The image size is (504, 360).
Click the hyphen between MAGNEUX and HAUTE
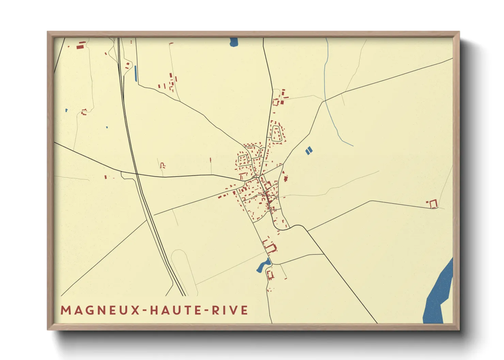pyautogui.click(x=145, y=311)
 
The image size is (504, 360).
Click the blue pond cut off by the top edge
pyautogui.click(x=234, y=42)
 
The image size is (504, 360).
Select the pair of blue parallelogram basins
pyautogui.click(x=309, y=150)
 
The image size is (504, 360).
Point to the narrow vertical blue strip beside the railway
pyautogui.click(x=136, y=73)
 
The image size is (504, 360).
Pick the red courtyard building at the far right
pyautogui.click(x=433, y=204)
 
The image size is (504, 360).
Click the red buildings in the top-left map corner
pyautogui.click(x=80, y=45)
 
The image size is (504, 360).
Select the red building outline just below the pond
pyautogui.click(x=270, y=274)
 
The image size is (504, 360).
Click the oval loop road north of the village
pyautogui.click(x=277, y=133)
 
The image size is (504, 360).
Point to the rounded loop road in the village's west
pyautogui.click(x=243, y=160)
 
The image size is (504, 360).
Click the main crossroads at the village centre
pyautogui.click(x=258, y=177)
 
